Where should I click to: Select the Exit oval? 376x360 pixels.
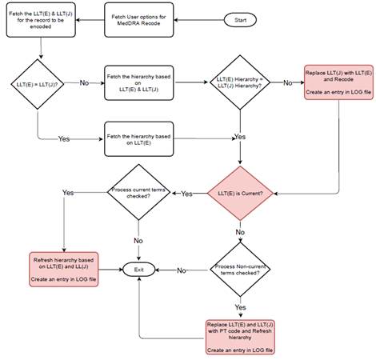[x=138, y=271]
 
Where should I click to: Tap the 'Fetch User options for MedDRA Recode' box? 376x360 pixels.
[x=139, y=18]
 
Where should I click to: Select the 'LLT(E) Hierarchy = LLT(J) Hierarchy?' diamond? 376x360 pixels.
[x=239, y=82]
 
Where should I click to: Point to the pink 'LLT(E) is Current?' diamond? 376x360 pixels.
[x=239, y=194]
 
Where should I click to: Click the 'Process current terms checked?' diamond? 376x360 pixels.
[x=139, y=194]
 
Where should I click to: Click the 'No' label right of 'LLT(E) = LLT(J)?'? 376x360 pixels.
[x=84, y=82]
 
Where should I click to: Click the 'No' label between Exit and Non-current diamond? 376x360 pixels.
[x=182, y=271]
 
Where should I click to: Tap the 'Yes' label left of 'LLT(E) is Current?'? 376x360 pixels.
[x=186, y=194]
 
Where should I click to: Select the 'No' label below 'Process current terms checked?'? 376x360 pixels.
[x=138, y=240]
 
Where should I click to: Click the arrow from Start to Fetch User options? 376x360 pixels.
[x=196, y=18]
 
